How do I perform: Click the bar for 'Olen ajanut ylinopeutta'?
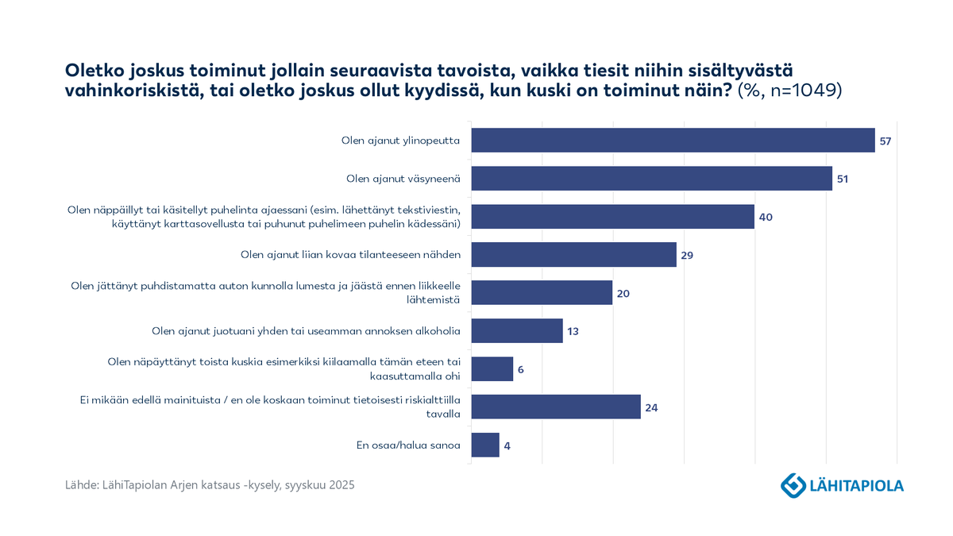pyautogui.click(x=673, y=141)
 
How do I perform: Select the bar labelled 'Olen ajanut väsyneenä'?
pyautogui.click(x=651, y=179)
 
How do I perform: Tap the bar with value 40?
pyautogui.click(x=612, y=217)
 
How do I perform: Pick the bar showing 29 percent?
pyautogui.click(x=573, y=255)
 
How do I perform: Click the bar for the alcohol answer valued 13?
pyautogui.click(x=517, y=330)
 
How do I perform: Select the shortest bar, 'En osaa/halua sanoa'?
pyautogui.click(x=485, y=445)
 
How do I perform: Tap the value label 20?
pyautogui.click(x=623, y=293)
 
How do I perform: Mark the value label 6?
pyautogui.click(x=521, y=369)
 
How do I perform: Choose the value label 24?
pyautogui.click(x=651, y=407)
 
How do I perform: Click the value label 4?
pyautogui.click(x=507, y=445)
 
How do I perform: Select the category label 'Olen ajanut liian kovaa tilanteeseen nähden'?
pyautogui.click(x=350, y=255)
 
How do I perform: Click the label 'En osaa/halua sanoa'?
pyautogui.click(x=408, y=445)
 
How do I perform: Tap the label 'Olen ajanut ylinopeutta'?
pyautogui.click(x=401, y=141)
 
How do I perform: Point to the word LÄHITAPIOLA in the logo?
pyautogui.click(x=856, y=484)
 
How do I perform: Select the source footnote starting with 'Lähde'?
pyautogui.click(x=210, y=484)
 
